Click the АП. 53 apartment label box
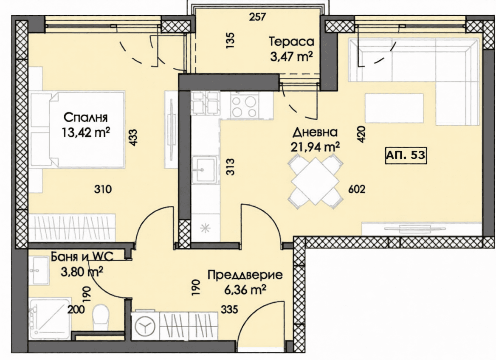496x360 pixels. click(x=406, y=155)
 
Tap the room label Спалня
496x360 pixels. click(x=86, y=117)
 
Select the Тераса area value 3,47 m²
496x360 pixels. click(x=291, y=57)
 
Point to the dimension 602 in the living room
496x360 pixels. click(x=357, y=189)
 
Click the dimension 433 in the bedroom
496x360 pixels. click(x=133, y=137)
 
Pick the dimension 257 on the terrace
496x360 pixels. click(x=257, y=17)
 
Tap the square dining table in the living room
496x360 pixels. click(x=316, y=181)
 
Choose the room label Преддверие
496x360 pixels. click(x=245, y=275)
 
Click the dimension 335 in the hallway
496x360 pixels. click(x=229, y=309)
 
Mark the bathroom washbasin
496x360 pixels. click(x=39, y=270)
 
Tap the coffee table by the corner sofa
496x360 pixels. click(x=394, y=108)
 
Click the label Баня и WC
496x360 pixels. click(x=82, y=257)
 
